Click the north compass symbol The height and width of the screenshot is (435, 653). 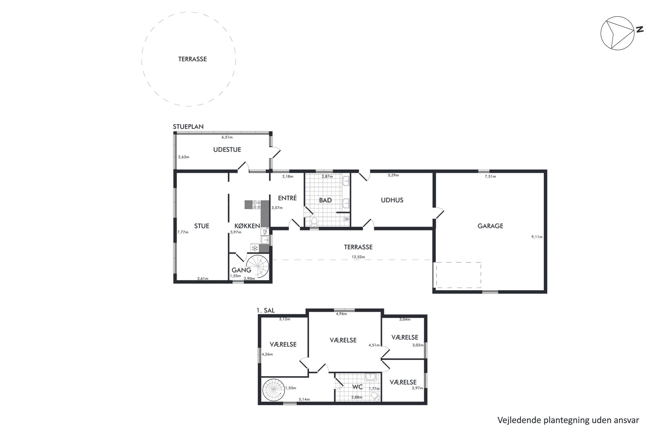pos(617,33)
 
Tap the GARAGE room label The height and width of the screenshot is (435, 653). pos(490,226)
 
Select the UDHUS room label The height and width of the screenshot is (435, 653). pos(392,200)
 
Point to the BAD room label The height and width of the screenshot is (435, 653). pos(325,200)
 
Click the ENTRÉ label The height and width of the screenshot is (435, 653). pos(287,198)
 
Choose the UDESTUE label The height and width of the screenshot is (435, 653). pos(227,150)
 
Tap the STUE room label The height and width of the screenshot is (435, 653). pos(202,226)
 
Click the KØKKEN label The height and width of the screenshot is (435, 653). pos(247,226)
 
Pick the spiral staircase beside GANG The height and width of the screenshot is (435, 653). pos(258,266)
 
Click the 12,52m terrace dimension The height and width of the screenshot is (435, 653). pos(358,257)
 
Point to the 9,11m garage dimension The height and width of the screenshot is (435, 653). pos(537,237)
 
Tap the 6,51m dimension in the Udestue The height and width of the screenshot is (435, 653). pos(227,137)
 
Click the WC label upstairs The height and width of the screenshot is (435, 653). pos(357,387)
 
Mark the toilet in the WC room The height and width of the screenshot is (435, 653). pos(376,396)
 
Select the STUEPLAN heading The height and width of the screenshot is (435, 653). pos(188,126)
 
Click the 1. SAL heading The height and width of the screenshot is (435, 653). pos(265,310)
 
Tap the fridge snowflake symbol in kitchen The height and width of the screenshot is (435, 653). pos(254,248)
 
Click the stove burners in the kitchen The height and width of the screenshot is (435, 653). pos(256,204)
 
